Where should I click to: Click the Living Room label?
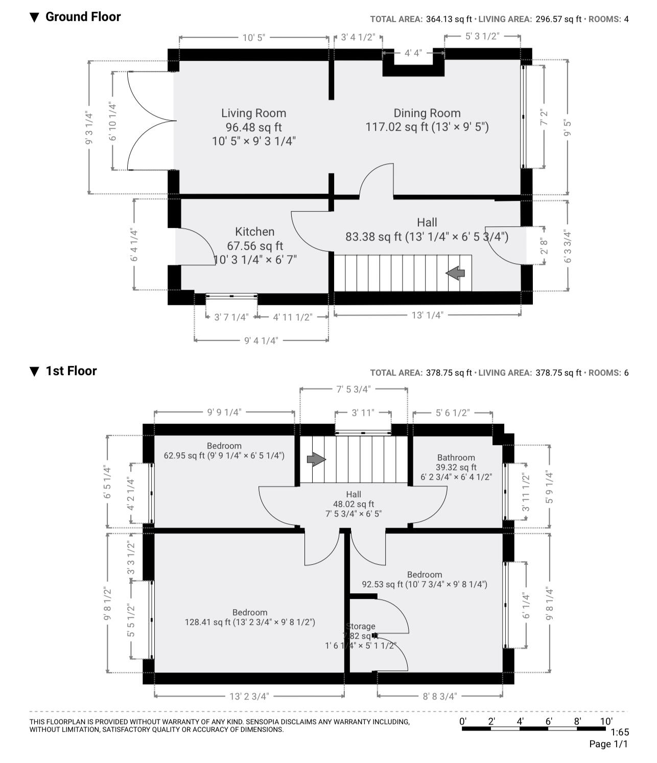[x=253, y=113]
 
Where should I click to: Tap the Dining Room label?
[x=427, y=113]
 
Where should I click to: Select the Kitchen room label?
[x=255, y=232]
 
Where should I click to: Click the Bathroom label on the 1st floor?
[x=456, y=458]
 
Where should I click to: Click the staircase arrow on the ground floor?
[x=455, y=273]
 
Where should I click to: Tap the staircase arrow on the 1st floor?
[x=316, y=459]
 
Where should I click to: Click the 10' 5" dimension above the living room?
[x=253, y=38]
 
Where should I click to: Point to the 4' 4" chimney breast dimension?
[x=413, y=53]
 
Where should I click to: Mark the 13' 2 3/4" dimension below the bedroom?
[x=249, y=696]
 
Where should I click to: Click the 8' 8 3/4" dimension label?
[x=439, y=696]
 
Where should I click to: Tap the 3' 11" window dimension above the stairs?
[x=363, y=413]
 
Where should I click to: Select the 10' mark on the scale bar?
[x=606, y=721]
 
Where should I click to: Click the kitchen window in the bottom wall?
[x=231, y=296]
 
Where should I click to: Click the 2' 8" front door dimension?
[x=544, y=246]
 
